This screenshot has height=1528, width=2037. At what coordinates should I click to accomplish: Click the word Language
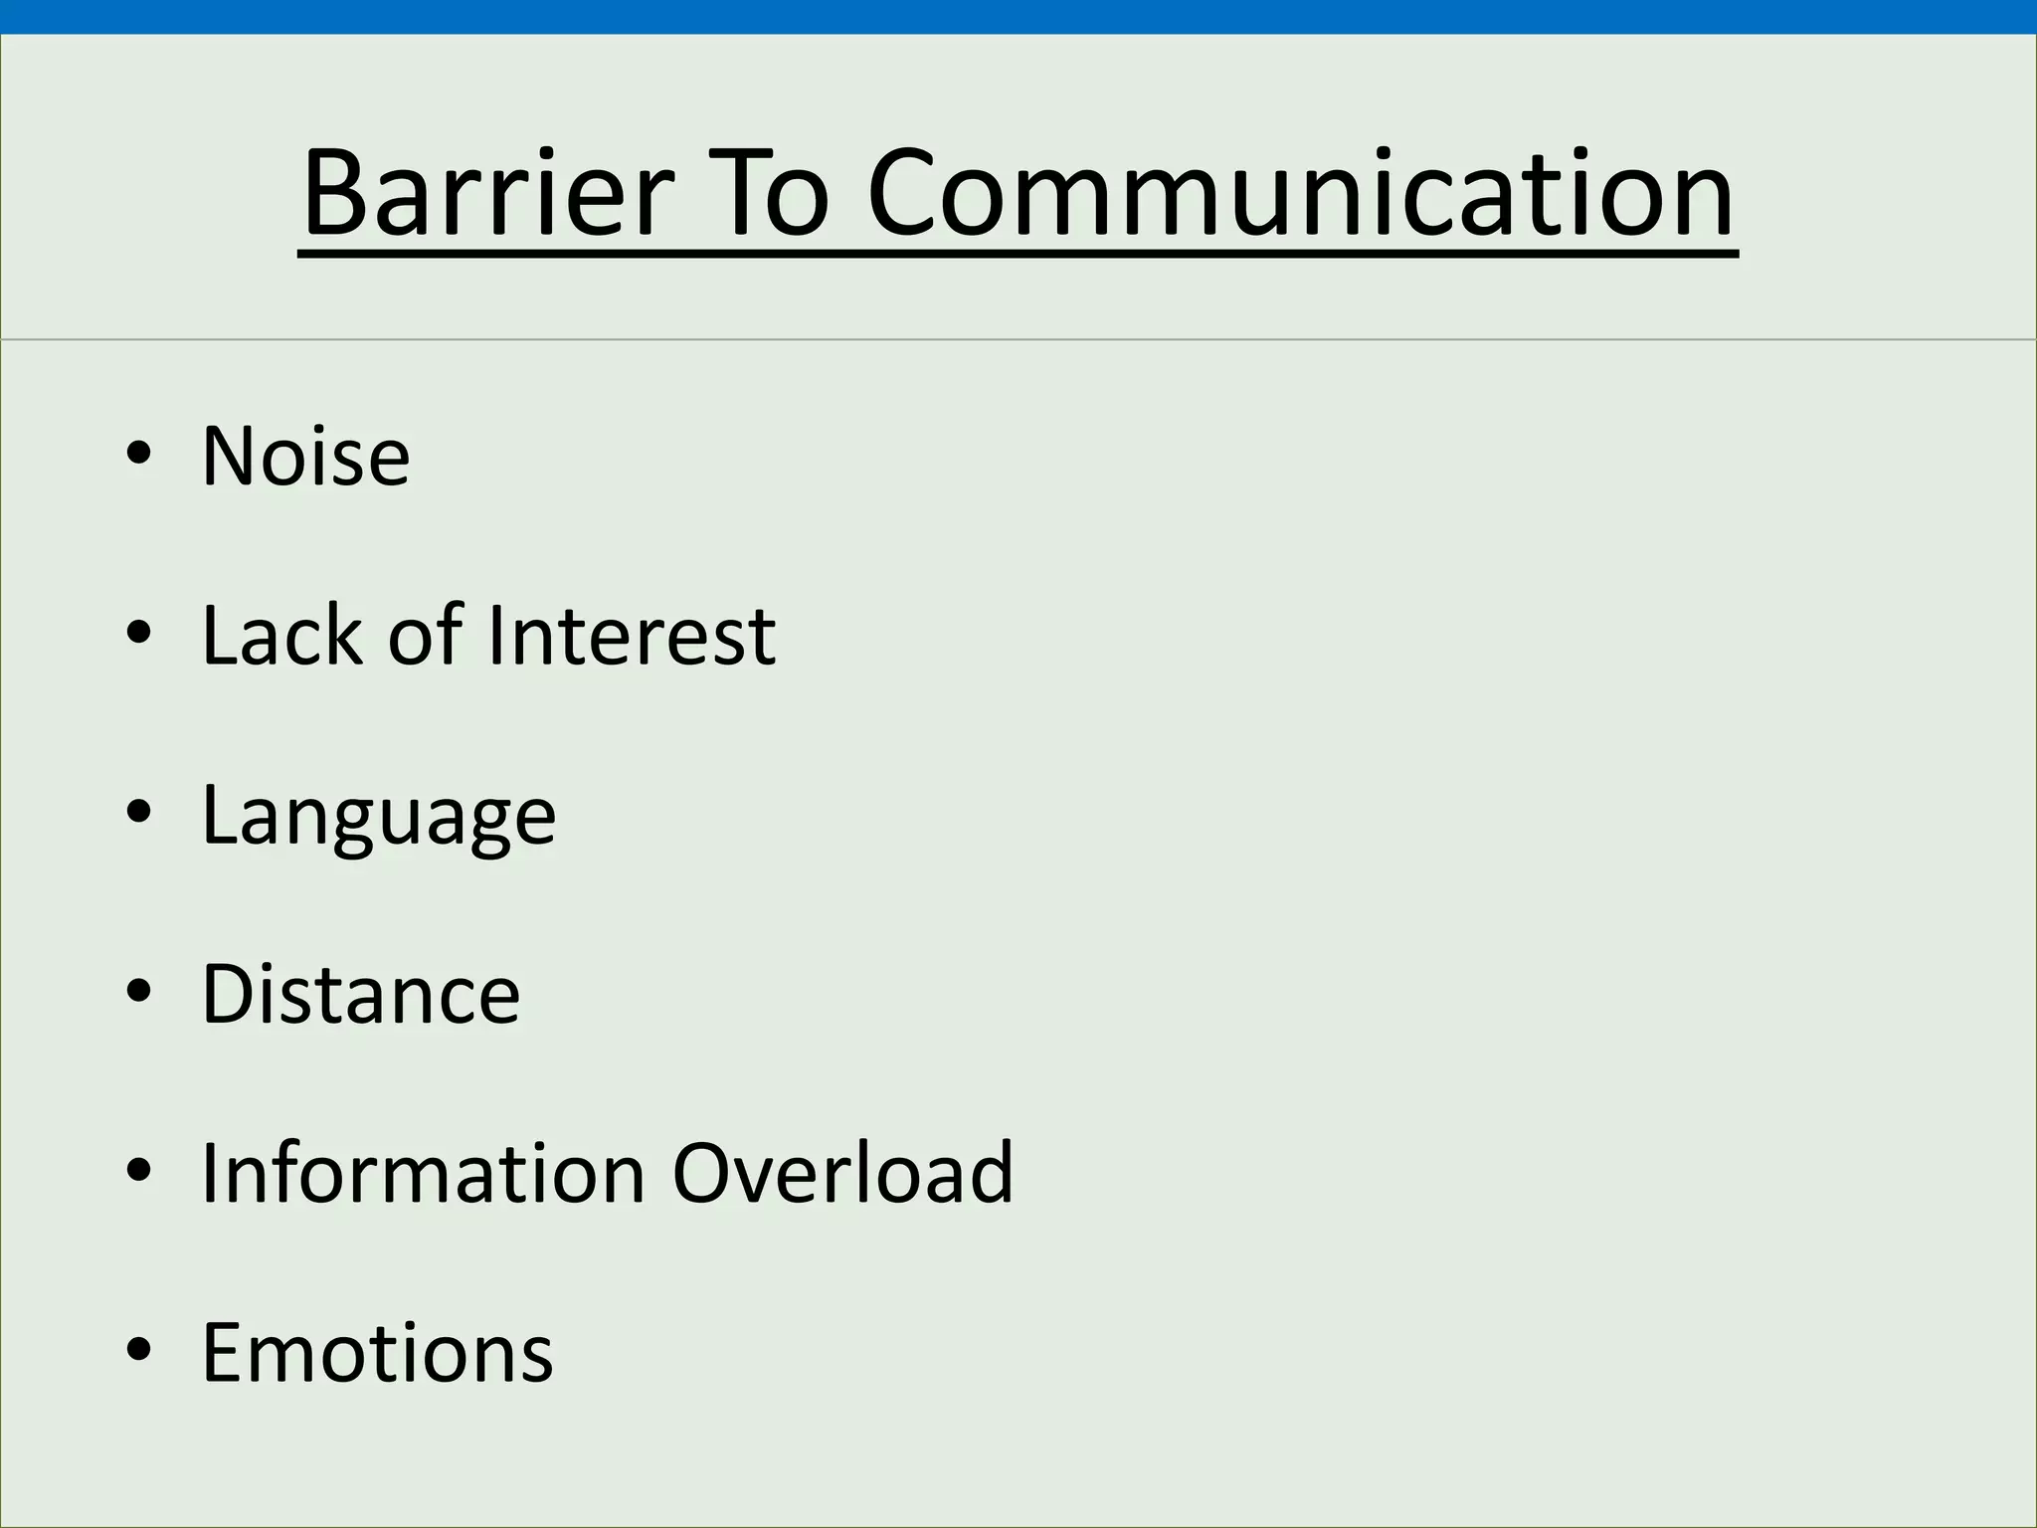tap(378, 816)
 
